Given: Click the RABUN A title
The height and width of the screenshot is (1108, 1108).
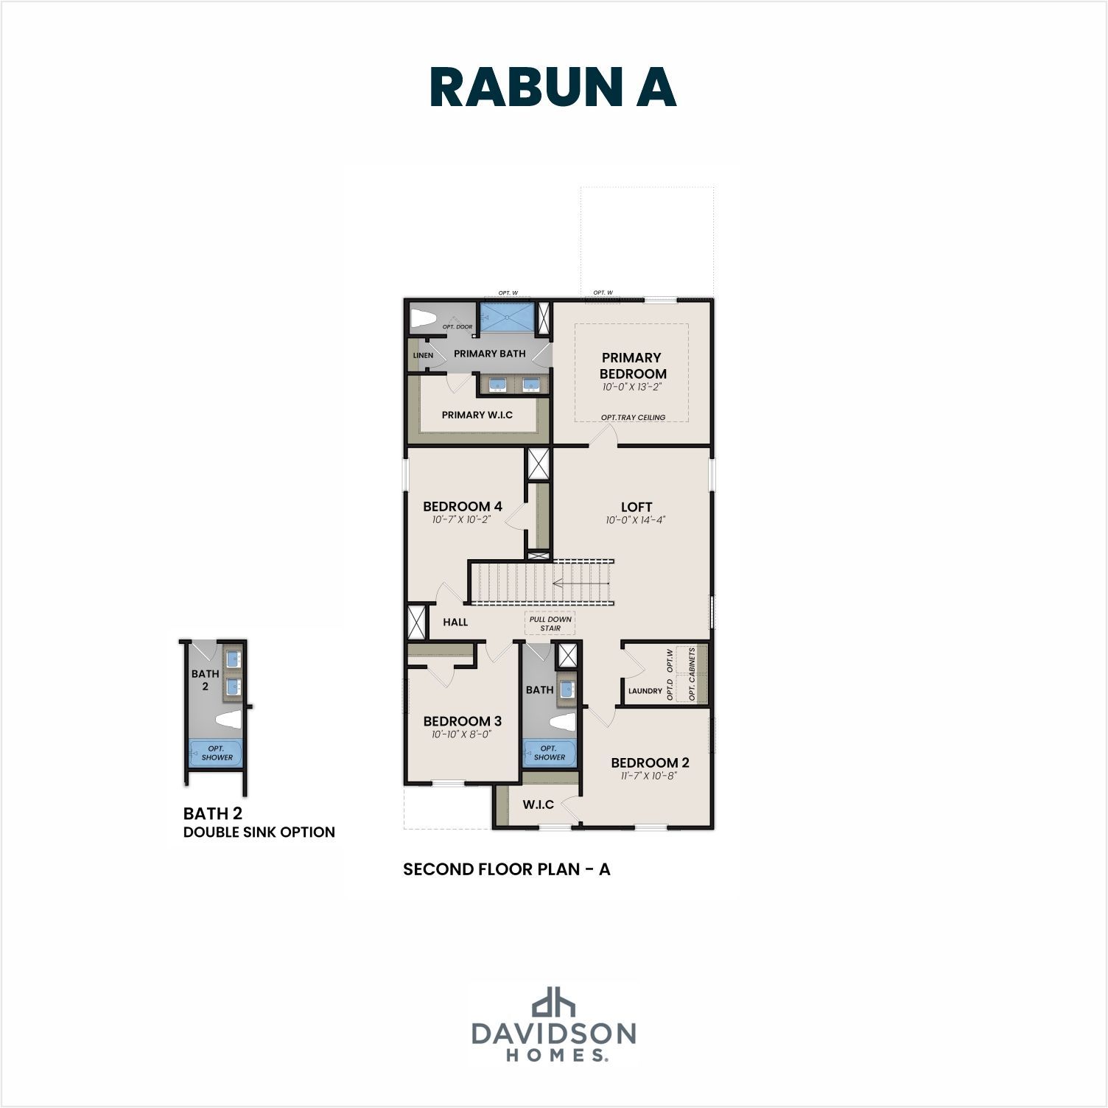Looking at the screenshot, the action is [x=553, y=87].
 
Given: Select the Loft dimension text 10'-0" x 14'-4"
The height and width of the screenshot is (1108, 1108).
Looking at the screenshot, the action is [x=636, y=520].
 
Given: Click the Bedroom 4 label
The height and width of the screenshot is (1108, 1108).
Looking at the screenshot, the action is [x=463, y=506].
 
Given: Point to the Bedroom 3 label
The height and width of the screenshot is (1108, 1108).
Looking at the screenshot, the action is [x=463, y=720].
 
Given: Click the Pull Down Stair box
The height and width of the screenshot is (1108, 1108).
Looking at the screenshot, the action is [x=550, y=623].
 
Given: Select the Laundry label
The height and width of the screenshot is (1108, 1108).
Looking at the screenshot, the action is [x=645, y=691].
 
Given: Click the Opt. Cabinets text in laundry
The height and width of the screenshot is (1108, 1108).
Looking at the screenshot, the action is [x=692, y=674].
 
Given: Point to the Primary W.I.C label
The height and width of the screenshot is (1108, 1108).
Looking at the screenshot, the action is [x=477, y=415].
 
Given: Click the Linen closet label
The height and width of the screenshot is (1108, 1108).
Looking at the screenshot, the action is [x=424, y=355].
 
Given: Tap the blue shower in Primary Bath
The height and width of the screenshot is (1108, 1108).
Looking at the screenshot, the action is [x=508, y=317].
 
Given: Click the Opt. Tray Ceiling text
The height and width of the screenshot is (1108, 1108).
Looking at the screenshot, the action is [x=633, y=418].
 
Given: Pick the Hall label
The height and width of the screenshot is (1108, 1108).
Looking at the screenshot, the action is [x=455, y=622].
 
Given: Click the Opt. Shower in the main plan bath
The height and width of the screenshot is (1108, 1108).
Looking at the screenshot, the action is [x=549, y=753].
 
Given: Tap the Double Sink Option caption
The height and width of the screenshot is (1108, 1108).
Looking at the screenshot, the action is [x=259, y=832].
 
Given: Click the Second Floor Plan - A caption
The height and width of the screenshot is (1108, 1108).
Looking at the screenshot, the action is [x=507, y=869].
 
